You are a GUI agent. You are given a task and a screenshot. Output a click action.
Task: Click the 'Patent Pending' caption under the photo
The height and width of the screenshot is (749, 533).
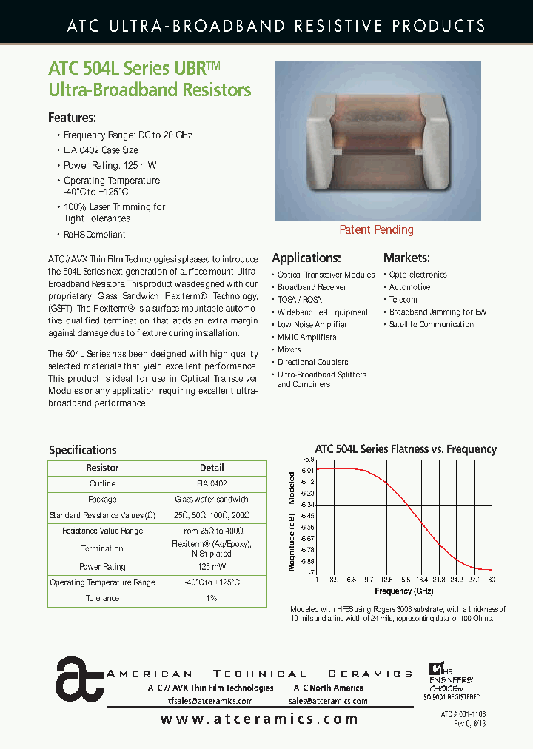(376, 230)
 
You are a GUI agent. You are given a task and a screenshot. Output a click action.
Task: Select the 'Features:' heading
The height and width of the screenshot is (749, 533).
(72, 118)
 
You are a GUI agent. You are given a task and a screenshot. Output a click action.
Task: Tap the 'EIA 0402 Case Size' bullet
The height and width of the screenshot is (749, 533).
(101, 150)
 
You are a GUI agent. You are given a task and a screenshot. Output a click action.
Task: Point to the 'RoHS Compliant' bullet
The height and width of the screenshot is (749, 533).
(94, 235)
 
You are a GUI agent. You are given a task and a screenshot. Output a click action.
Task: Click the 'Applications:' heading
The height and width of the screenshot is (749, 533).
(306, 258)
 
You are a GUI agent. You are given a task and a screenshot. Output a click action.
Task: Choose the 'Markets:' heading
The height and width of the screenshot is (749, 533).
(406, 258)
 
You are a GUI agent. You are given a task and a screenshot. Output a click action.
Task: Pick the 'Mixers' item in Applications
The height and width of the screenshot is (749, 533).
(289, 349)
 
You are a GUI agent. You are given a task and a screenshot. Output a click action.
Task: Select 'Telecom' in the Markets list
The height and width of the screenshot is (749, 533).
(403, 300)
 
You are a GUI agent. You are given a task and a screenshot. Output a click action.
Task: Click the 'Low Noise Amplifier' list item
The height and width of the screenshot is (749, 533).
(312, 325)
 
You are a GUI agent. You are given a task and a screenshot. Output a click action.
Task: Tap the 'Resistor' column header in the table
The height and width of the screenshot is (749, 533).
(102, 468)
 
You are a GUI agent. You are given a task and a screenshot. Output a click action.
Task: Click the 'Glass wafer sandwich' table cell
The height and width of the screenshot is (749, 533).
(212, 500)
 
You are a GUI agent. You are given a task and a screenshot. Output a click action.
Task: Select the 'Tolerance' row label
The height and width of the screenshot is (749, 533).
(102, 598)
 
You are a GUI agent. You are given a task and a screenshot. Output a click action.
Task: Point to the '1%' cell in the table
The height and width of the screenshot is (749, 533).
(212, 598)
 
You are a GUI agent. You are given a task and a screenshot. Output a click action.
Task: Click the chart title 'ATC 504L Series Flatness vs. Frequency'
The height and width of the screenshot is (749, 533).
(406, 449)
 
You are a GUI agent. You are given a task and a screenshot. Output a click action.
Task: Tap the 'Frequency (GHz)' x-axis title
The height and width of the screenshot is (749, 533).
(403, 591)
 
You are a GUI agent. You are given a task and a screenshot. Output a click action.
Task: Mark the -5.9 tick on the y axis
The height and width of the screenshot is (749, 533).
(308, 460)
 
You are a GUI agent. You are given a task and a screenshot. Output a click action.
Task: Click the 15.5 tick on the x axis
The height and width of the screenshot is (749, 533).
(403, 580)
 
